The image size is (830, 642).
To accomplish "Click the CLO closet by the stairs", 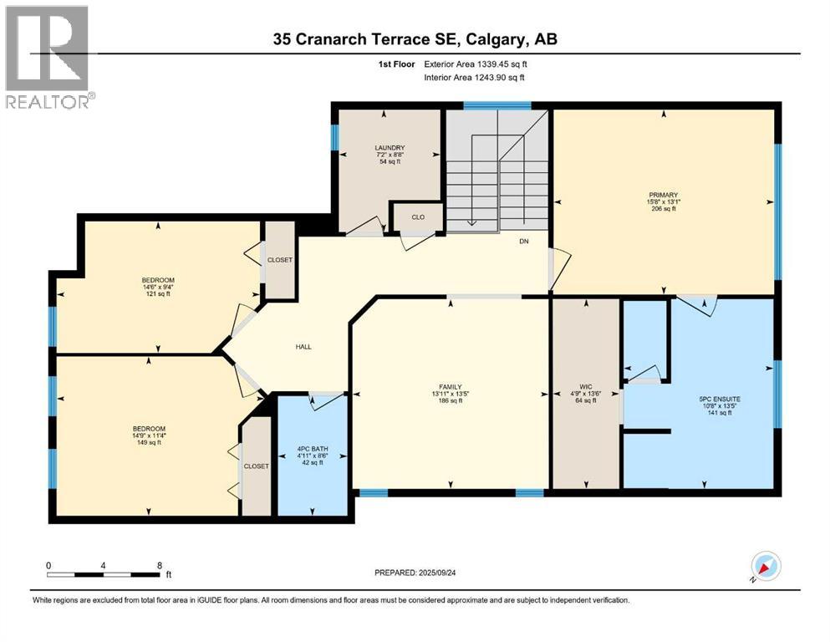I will coord(417,216).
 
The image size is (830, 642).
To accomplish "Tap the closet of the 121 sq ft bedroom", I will coord(280,260).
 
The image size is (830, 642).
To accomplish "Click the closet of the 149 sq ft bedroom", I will coord(257,466).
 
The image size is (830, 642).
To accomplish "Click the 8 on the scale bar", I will coord(160,565).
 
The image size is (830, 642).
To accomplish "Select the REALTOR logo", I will coord(49,57).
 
